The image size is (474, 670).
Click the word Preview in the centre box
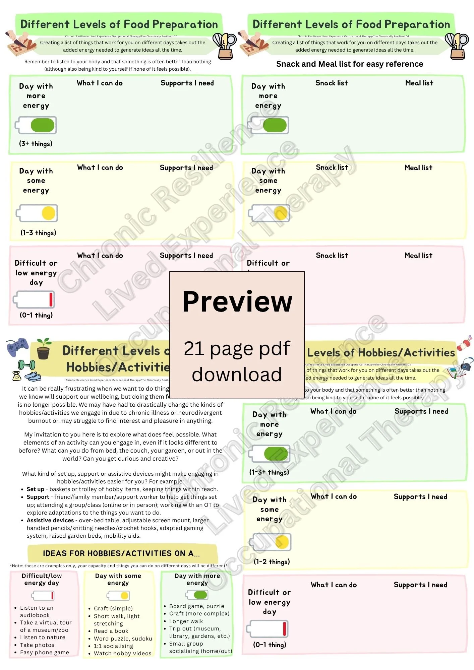coord(237,301)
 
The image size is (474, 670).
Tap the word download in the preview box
coord(237,374)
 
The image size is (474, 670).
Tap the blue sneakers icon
coord(33,377)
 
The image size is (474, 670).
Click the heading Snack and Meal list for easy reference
coord(349,64)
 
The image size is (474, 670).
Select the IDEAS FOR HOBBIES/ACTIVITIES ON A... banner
coord(121,553)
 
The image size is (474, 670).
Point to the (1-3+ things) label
coord(269,472)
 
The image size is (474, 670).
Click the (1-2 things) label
coord(272,562)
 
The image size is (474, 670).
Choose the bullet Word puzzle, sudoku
coord(123,639)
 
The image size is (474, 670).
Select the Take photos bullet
coord(37,645)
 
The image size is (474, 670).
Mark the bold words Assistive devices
coord(50,520)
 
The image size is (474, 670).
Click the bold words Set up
coord(36,489)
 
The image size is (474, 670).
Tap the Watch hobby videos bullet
coord(122,653)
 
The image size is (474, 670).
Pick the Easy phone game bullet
coord(44,652)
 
